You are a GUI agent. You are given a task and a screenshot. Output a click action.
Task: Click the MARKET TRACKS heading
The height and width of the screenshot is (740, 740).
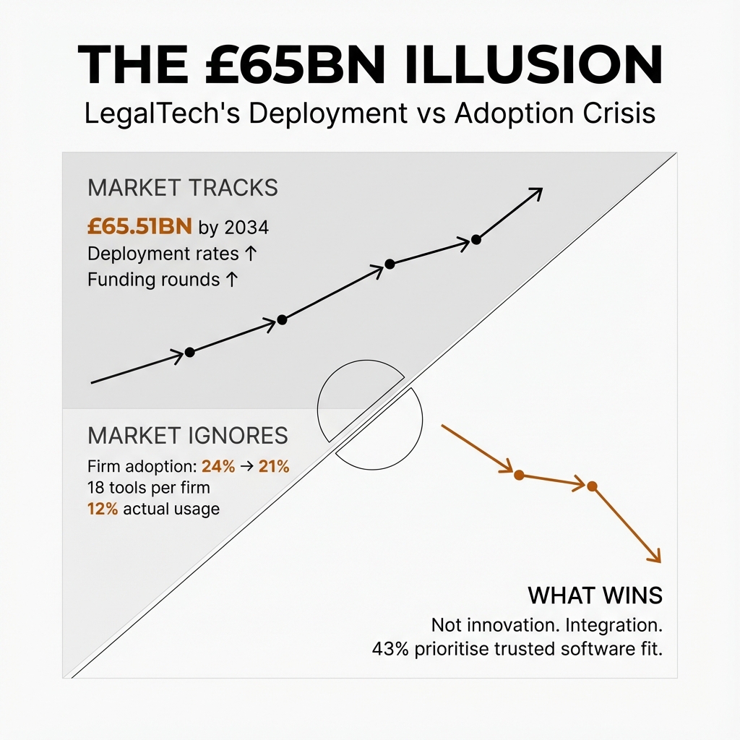182,188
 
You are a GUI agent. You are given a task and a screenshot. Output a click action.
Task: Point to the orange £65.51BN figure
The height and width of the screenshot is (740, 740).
139,228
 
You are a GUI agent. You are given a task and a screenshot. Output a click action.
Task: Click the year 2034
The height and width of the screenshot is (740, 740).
246,228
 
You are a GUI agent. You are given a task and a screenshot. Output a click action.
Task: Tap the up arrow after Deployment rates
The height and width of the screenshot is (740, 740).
249,254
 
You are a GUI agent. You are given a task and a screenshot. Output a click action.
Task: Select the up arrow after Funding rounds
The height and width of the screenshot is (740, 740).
231,280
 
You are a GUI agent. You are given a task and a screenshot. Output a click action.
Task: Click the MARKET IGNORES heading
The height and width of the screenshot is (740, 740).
187,436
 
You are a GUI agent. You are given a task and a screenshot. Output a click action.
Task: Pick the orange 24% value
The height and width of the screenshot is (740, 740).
218,467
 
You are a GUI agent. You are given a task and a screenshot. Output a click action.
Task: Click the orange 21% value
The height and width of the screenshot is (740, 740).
274,467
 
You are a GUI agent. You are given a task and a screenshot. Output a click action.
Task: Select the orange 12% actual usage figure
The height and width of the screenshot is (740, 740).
103,509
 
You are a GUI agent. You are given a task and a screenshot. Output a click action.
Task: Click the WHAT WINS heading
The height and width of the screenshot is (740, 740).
595,595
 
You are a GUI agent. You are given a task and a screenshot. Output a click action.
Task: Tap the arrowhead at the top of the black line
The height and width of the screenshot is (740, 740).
536,192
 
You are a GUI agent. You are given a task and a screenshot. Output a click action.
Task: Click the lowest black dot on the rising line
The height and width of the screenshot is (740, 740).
189,352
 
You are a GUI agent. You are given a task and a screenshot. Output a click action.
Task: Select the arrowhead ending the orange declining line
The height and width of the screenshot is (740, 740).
655,556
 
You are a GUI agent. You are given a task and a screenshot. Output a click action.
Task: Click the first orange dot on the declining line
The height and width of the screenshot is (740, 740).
517,474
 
